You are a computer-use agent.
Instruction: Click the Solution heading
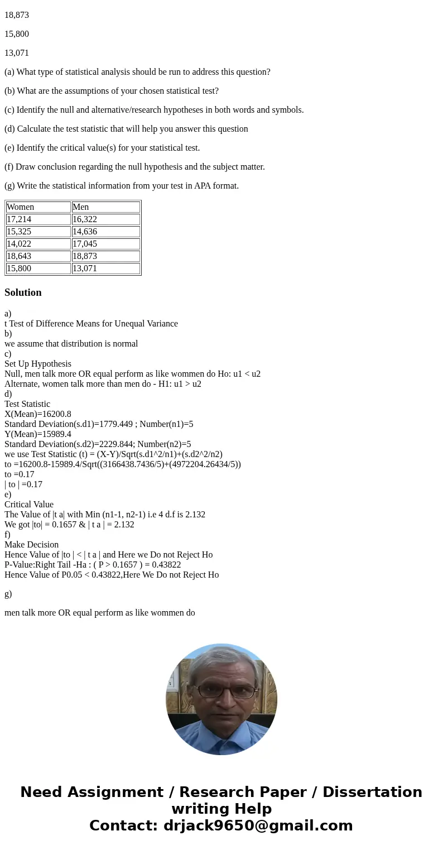click(x=23, y=292)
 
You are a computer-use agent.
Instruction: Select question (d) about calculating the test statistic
click(x=126, y=129)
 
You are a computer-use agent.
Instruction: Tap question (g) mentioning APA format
click(x=122, y=186)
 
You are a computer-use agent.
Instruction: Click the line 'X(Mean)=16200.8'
click(x=38, y=414)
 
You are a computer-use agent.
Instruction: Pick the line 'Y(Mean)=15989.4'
click(x=38, y=434)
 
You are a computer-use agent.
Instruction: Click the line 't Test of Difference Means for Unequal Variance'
click(x=91, y=324)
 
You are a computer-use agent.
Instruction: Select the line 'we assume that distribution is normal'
click(x=71, y=344)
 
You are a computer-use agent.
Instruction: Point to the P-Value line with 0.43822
click(x=93, y=565)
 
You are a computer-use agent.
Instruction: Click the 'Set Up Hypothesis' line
click(x=38, y=364)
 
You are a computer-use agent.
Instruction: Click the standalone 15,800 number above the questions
click(x=17, y=34)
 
